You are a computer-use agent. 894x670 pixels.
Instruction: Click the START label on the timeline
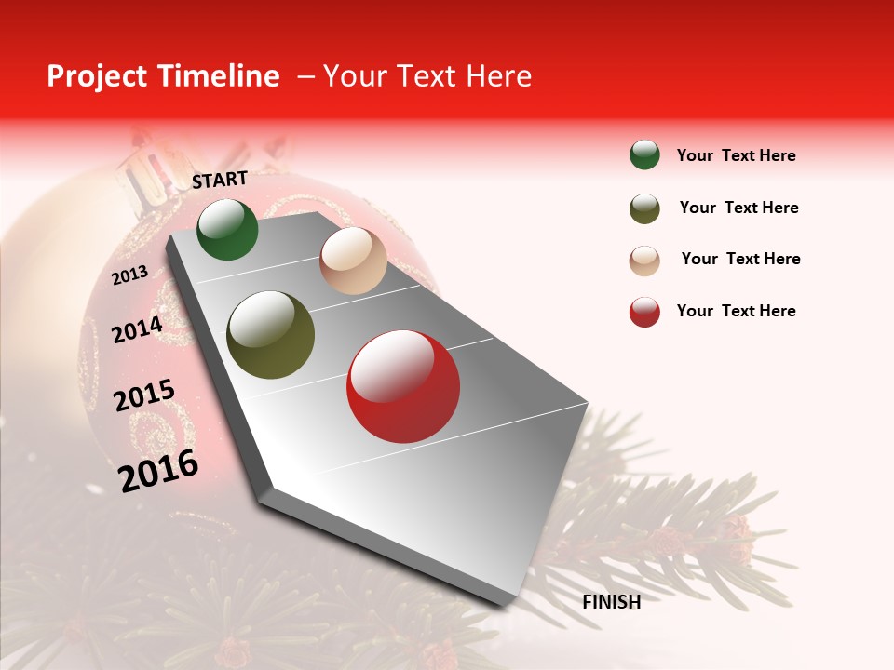pyautogui.click(x=220, y=180)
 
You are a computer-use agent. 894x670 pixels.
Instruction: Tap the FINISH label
pyautogui.click(x=611, y=602)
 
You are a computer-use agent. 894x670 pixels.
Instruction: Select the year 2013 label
pyautogui.click(x=130, y=275)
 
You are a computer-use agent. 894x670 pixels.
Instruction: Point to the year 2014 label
pyautogui.click(x=138, y=329)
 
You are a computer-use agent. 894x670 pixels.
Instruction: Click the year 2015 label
pyautogui.click(x=144, y=395)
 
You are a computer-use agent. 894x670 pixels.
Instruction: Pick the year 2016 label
pyautogui.click(x=158, y=470)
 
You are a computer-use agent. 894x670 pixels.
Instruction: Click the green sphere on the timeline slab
pyautogui.click(x=227, y=230)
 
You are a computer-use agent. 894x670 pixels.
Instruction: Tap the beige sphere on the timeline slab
pyautogui.click(x=353, y=261)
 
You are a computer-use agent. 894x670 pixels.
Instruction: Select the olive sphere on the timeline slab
pyautogui.click(x=271, y=335)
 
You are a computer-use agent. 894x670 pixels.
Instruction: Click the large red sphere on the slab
pyautogui.click(x=403, y=386)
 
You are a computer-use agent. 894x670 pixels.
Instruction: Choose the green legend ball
pyautogui.click(x=644, y=155)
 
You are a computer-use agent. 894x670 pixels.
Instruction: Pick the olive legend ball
pyautogui.click(x=644, y=208)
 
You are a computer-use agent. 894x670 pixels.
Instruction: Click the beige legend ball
pyautogui.click(x=644, y=261)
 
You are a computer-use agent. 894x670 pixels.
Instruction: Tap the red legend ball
pyautogui.click(x=644, y=312)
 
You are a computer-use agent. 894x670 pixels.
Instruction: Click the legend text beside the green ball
pyautogui.click(x=736, y=155)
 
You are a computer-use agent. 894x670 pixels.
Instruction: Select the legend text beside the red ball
pyautogui.click(x=736, y=311)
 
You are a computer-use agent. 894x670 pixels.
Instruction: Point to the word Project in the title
pyautogui.click(x=98, y=76)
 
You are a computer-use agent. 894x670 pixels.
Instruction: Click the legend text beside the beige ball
pyautogui.click(x=740, y=259)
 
